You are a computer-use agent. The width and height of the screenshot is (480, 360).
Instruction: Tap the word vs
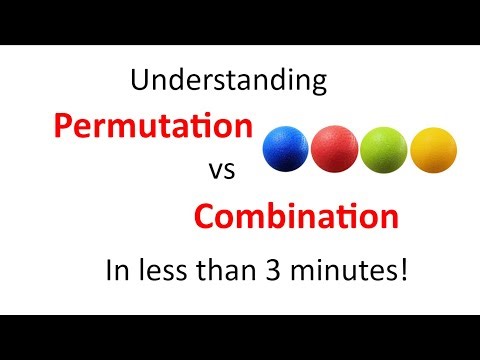pos(221,171)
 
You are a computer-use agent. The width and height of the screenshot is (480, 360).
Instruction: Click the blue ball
pos(285,150)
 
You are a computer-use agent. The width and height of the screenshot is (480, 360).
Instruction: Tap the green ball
pos(383,150)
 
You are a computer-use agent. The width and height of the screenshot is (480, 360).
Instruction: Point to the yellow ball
pos(432,150)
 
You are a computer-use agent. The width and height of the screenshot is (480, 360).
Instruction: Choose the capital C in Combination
pos(206,216)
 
